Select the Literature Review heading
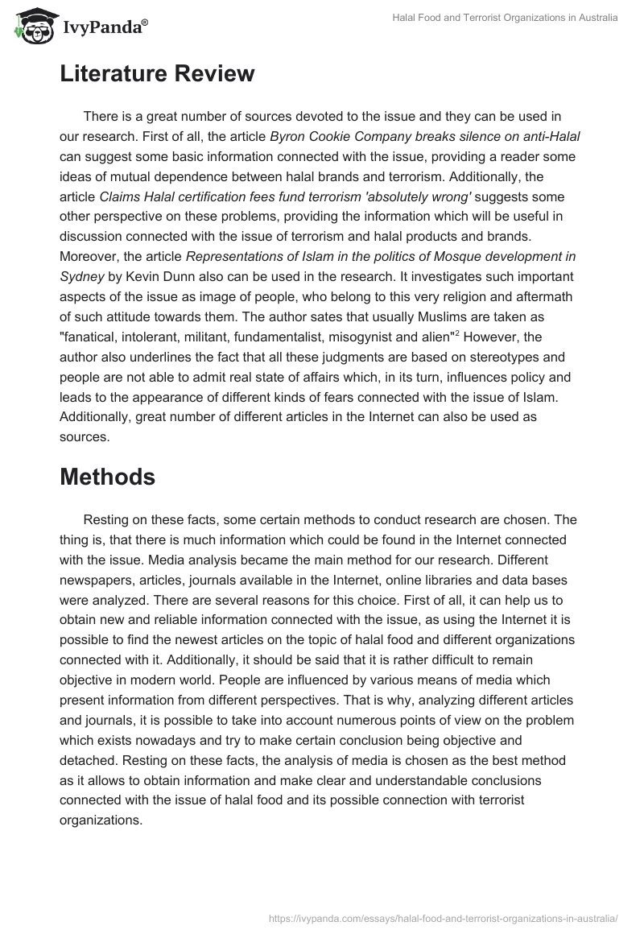pyautogui.click(x=157, y=74)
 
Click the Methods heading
pyautogui.click(x=107, y=477)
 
